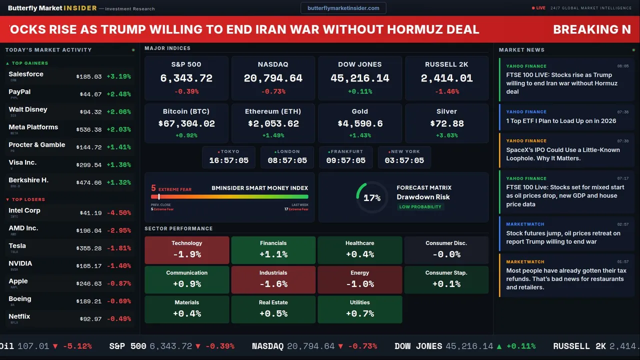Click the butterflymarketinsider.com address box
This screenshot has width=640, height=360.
tap(343, 8)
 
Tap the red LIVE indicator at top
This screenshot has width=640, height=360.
tap(539, 8)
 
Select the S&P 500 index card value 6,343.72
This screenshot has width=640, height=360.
tap(186, 78)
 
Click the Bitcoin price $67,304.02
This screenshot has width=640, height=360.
tap(186, 123)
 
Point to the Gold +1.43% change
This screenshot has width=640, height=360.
tap(359, 135)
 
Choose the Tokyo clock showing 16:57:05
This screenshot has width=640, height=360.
tap(228, 160)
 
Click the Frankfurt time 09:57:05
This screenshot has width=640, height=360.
tap(345, 160)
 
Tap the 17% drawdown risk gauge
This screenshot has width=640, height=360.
tap(371, 198)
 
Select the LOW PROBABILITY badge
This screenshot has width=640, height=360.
tap(420, 207)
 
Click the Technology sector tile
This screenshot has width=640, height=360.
tap(186, 249)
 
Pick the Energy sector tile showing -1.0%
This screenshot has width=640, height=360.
tap(359, 279)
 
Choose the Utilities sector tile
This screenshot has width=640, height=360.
tap(359, 309)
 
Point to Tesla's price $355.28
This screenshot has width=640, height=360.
tap(89, 248)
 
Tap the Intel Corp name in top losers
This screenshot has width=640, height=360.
tap(24, 210)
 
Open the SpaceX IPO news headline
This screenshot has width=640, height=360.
tap(562, 154)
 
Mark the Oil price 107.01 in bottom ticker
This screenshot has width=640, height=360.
tap(33, 346)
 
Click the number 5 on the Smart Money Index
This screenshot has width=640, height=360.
tap(153, 188)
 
